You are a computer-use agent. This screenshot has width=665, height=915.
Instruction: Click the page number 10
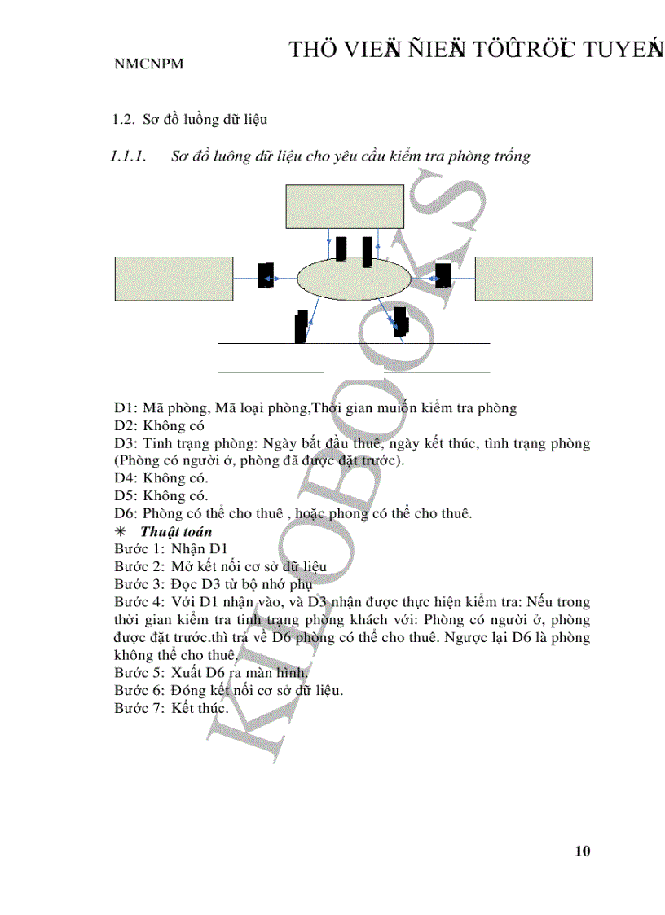(582, 851)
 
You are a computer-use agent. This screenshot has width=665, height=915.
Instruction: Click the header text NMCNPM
(148, 64)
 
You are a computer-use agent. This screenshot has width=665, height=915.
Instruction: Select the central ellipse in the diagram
(354, 279)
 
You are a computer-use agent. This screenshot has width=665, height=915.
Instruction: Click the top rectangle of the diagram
(345, 207)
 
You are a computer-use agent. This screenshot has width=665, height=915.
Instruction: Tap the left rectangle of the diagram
(174, 279)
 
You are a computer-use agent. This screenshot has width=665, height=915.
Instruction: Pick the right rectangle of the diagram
(533, 279)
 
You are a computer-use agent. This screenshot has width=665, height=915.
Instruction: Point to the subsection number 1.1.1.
(128, 156)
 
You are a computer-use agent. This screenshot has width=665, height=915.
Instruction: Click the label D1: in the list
(126, 407)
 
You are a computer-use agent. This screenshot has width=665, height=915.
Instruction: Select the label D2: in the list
(126, 425)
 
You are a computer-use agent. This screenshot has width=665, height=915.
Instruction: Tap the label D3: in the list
(126, 443)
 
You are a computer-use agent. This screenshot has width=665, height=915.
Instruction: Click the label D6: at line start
(126, 514)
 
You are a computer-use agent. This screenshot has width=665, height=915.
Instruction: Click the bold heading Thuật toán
(176, 531)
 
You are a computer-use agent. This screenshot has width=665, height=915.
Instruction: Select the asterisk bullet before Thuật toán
(120, 532)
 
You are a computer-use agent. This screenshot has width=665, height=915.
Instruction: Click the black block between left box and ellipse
(265, 275)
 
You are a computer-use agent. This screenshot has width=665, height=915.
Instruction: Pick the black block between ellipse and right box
(443, 275)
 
